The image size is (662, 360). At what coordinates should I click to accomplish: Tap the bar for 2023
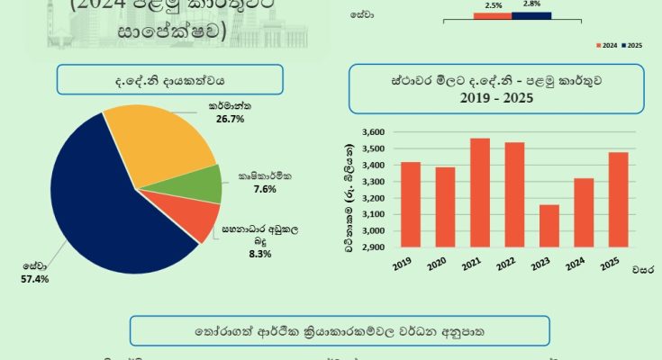pos(549,227)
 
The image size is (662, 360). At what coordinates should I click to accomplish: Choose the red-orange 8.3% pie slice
pos(195,219)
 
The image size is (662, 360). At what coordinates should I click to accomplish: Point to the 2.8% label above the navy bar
pos(531,5)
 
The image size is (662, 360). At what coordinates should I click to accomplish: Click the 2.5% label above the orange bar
pos(493,5)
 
